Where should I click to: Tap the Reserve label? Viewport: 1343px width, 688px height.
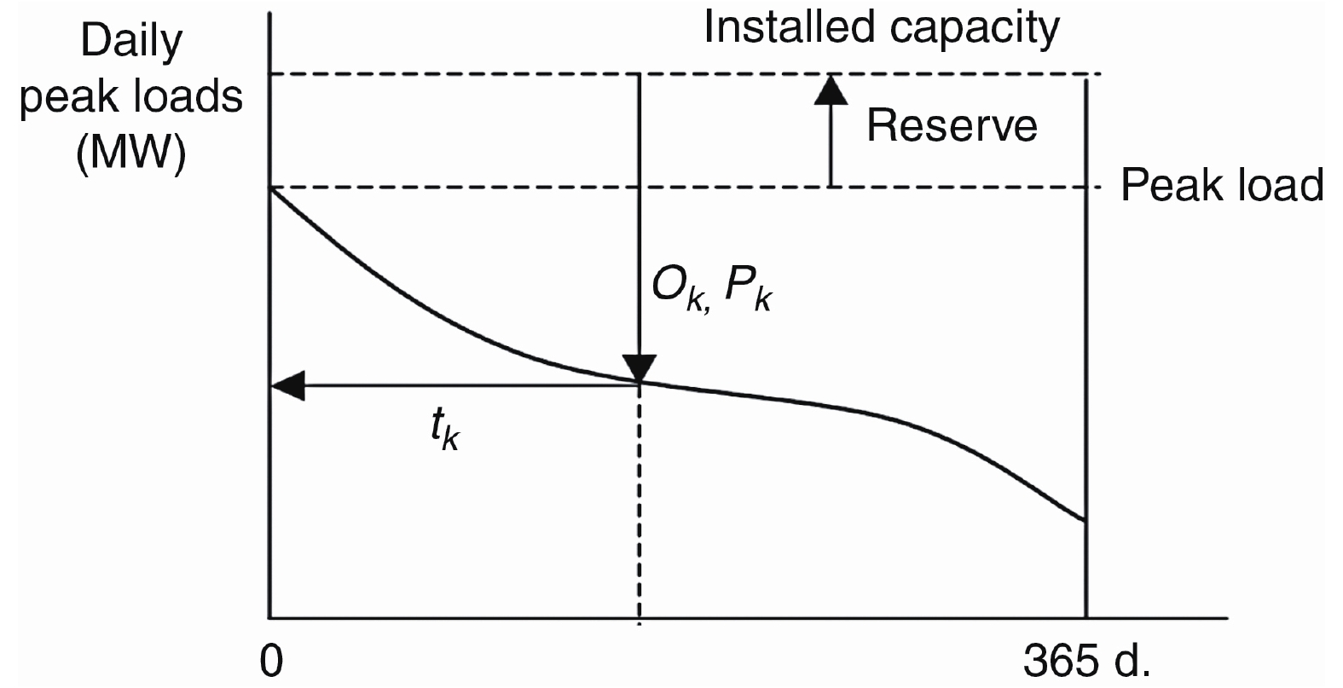pyautogui.click(x=952, y=126)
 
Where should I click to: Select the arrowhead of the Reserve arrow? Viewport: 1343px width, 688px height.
pyautogui.click(x=831, y=89)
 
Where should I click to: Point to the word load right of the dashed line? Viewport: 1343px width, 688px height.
pyautogui.click(x=1276, y=185)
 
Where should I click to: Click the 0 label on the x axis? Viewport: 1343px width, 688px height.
pyautogui.click(x=271, y=661)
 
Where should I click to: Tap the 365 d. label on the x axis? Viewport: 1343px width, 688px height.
pyautogui.click(x=1087, y=661)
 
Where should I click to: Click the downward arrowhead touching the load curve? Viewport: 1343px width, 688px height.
pyautogui.click(x=640, y=368)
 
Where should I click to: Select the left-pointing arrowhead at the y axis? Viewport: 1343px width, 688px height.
pyautogui.click(x=287, y=385)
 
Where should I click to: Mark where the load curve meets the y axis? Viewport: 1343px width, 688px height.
pyautogui.click(x=270, y=188)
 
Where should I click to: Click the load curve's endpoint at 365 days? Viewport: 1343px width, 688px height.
pyautogui.click(x=1085, y=520)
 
